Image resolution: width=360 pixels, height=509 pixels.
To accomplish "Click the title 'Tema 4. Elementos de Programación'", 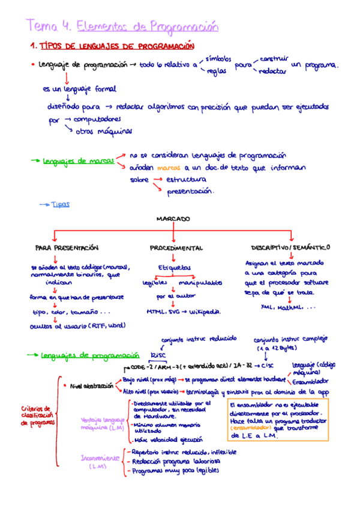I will tap(122, 26).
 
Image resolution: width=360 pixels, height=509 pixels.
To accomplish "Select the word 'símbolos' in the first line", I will tap(218, 59).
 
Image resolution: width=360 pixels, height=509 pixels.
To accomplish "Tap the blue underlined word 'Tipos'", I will tap(61, 204).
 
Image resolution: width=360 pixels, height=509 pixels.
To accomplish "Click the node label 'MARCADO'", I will tap(173, 219).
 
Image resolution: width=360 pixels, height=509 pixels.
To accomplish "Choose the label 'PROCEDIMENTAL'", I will tap(176, 247).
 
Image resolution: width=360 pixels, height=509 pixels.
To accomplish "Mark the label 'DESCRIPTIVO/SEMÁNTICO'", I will tap(291, 247).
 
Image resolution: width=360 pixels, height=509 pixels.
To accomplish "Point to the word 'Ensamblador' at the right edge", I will tap(312, 381).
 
